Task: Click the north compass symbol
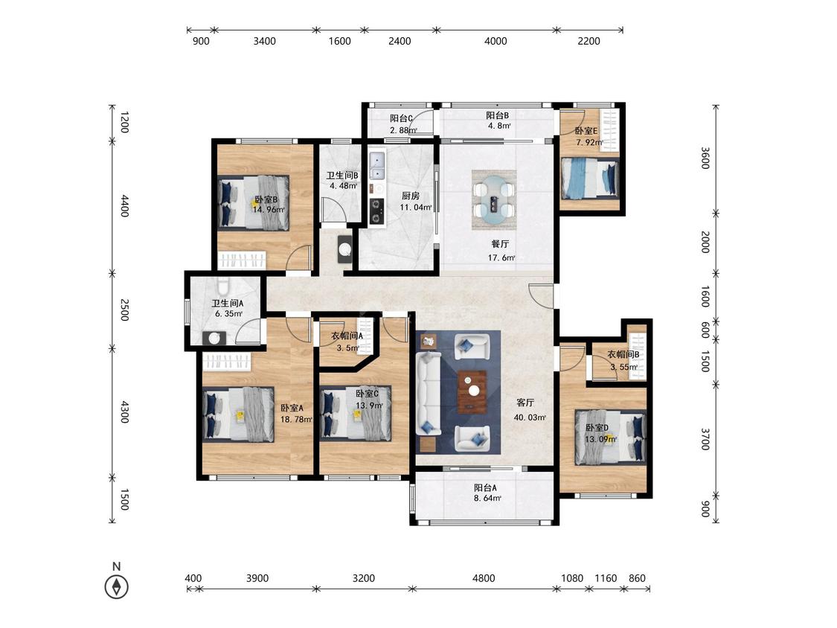tap(116, 587)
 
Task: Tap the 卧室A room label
tap(292, 408)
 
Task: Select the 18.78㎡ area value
tap(296, 419)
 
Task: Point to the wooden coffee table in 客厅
tap(472, 392)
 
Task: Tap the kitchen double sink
tap(377, 166)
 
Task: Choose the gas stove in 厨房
tap(376, 211)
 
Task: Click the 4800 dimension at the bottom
tap(484, 578)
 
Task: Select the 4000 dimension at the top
tap(496, 41)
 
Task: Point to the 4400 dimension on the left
tap(124, 206)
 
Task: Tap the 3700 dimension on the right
tap(705, 439)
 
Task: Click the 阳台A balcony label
tap(486, 487)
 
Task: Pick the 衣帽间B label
tap(623, 355)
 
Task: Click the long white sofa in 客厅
tap(428, 393)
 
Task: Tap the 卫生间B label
tap(342, 175)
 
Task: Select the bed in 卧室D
tap(610, 437)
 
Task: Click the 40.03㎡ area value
tap(530, 417)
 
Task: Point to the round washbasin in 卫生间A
tap(214, 338)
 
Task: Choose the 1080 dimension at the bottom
tap(572, 578)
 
